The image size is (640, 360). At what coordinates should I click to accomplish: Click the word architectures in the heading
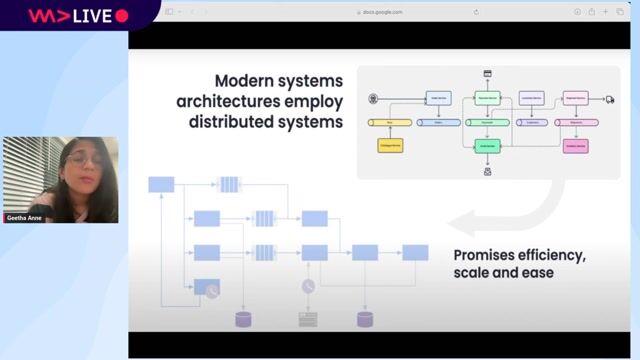click(260, 101)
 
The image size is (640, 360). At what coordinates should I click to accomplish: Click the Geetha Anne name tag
click(24, 217)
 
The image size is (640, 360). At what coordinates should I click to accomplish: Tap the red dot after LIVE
click(122, 16)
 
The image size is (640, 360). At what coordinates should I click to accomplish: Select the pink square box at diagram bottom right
click(575, 146)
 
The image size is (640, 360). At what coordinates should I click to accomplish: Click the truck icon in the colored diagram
click(609, 99)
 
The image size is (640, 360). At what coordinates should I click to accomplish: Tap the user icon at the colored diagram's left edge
click(373, 98)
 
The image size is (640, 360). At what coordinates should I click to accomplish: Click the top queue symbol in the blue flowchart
click(229, 184)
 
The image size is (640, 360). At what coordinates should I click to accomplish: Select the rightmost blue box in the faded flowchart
click(415, 252)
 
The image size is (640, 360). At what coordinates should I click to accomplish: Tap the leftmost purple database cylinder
click(243, 320)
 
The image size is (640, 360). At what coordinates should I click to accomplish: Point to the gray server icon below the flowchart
click(308, 320)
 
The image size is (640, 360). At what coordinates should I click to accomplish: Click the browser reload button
click(476, 12)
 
